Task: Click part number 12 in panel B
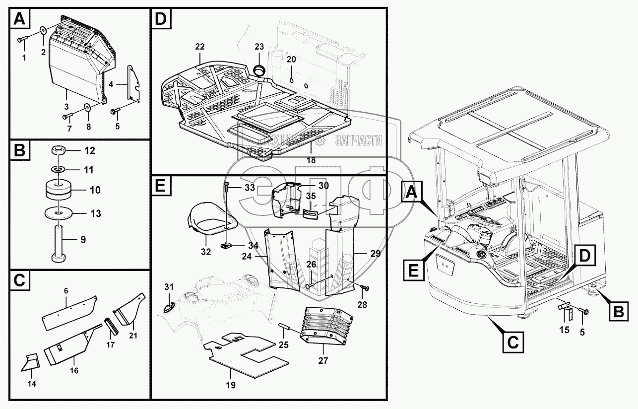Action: (x=90, y=150)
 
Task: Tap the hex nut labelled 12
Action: (x=59, y=150)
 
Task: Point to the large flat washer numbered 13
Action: (x=59, y=213)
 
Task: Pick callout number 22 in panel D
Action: (x=200, y=47)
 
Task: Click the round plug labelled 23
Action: (x=259, y=70)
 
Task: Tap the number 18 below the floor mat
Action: (x=311, y=160)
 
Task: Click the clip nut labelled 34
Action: (x=226, y=245)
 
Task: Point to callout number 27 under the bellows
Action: (x=323, y=361)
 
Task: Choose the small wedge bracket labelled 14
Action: (x=31, y=363)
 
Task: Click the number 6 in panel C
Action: (x=66, y=291)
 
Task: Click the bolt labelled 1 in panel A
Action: (x=22, y=40)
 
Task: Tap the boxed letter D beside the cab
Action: (x=584, y=256)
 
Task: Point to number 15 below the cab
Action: (x=564, y=330)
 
